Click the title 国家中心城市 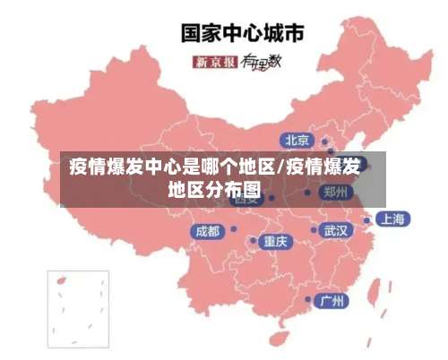click(243, 34)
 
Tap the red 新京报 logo click(215, 62)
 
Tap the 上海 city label click(392, 219)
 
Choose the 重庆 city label click(275, 241)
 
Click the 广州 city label click(333, 300)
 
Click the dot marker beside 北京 click(324, 141)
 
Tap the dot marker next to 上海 click(366, 219)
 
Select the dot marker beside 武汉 click(314, 230)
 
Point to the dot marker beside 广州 click(308, 299)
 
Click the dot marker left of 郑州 click(307, 192)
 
